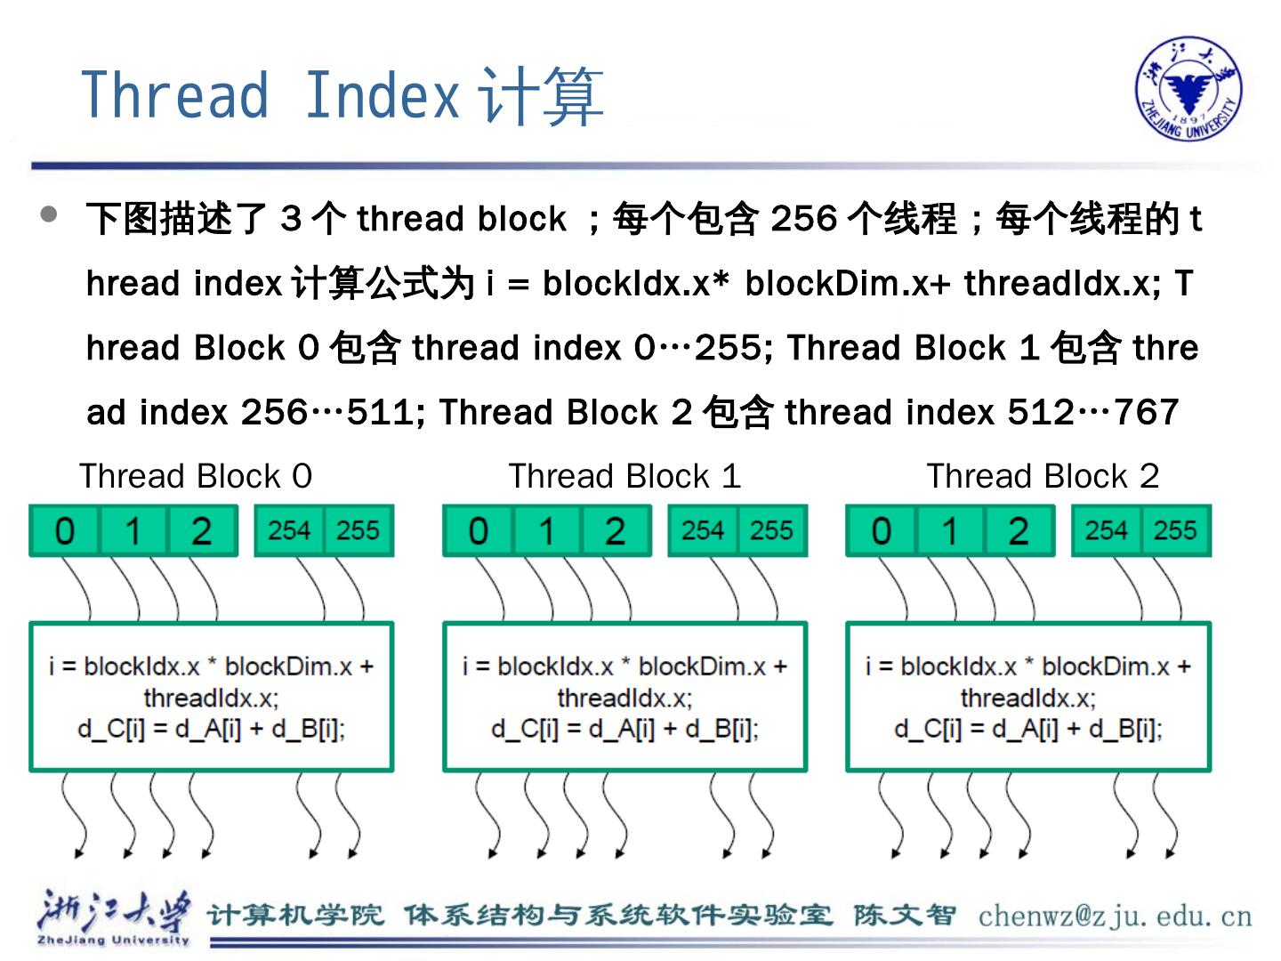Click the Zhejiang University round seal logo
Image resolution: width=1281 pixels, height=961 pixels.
1188,89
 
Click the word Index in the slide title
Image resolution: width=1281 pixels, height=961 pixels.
382,95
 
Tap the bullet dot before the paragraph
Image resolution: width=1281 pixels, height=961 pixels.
50,214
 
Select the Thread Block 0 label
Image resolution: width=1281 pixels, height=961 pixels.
196,476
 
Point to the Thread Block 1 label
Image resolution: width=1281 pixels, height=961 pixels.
624,476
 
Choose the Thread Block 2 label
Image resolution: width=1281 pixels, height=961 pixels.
1043,476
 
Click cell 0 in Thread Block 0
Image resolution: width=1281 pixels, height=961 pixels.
65,531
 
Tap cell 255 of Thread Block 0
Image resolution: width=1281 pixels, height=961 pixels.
358,531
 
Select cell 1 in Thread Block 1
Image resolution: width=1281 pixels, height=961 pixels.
546,531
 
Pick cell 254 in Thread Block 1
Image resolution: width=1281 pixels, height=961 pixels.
703,531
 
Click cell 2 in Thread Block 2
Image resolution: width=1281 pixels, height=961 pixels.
1019,531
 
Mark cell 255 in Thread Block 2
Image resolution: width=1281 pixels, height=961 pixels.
1175,531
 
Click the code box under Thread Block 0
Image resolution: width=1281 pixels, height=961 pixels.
212,697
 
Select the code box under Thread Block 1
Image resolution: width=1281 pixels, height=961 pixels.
624,697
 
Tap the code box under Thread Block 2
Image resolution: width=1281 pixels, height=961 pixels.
1028,697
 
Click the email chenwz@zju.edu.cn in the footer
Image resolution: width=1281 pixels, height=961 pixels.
1115,916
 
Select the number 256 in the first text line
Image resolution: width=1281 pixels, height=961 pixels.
803,219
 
